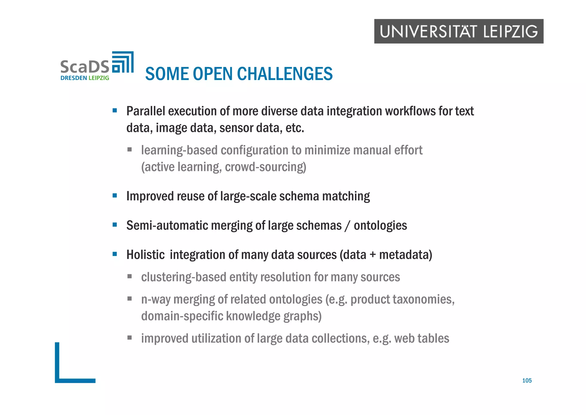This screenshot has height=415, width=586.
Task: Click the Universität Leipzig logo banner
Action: [459, 31]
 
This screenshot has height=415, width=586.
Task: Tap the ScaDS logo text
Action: [85, 67]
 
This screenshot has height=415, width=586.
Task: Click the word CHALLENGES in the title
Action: [285, 74]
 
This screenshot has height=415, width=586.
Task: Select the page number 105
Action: [527, 381]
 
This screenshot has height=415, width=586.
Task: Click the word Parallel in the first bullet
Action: [146, 111]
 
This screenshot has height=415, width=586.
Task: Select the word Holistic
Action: [145, 255]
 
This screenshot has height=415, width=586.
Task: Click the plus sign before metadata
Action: [373, 255]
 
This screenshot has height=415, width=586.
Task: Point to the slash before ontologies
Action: [347, 226]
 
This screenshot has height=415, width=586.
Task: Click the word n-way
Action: [156, 299]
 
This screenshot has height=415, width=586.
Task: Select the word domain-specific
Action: [182, 316]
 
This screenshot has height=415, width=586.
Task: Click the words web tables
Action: [421, 338]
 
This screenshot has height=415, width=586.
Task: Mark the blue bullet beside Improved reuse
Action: [115, 196]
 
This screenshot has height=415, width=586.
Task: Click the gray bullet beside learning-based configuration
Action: [130, 149]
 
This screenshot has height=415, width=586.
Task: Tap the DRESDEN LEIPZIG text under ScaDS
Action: [85, 78]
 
